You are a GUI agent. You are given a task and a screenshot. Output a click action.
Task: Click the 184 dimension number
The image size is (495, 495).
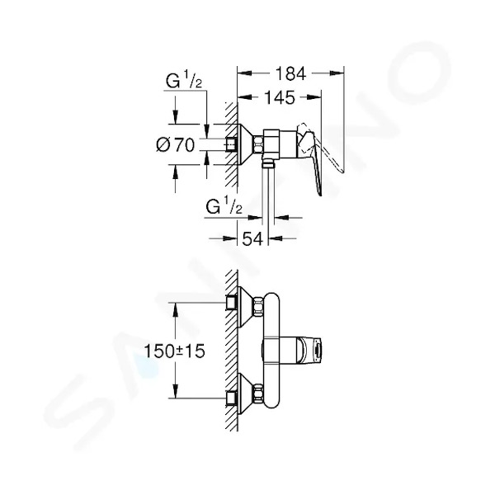[x=290, y=73]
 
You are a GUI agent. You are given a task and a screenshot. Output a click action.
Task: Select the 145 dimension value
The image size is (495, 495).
[x=280, y=97]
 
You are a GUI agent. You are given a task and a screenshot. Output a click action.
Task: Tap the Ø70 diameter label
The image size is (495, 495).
[x=176, y=145]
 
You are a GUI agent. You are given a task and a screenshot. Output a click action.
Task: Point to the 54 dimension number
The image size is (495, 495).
[x=252, y=238]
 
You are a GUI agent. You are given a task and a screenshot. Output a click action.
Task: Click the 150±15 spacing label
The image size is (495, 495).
[x=175, y=351]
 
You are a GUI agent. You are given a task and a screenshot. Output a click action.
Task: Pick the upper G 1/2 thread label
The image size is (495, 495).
[x=184, y=79]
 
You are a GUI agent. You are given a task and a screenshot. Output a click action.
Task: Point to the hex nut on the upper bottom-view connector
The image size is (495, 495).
[x=258, y=307]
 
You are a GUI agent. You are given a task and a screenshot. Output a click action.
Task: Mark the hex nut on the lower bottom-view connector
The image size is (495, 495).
[x=258, y=394]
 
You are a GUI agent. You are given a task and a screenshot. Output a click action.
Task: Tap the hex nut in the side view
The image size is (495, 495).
[x=257, y=144]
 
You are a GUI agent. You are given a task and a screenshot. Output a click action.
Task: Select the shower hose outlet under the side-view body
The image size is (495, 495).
[x=268, y=162]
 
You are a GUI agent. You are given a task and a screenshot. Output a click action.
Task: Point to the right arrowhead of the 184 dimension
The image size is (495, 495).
[x=337, y=73]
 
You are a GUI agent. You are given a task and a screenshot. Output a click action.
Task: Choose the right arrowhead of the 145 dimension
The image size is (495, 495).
[x=314, y=97]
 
